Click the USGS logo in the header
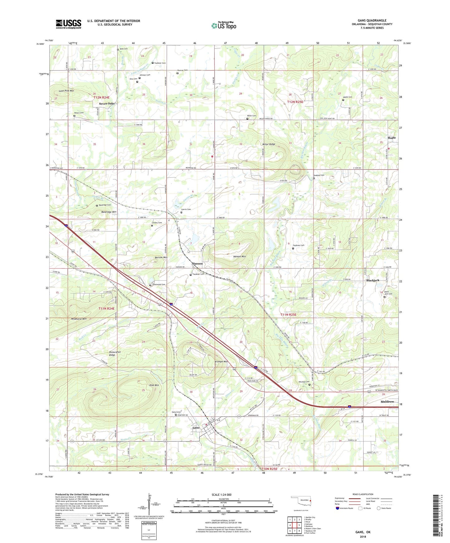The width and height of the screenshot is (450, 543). click(69, 24)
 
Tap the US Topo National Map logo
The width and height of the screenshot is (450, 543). click(224, 26)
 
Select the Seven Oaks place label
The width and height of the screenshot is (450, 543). click(107, 104)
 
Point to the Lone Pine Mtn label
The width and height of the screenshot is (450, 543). click(66, 91)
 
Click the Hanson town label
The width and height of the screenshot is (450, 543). click(197, 263)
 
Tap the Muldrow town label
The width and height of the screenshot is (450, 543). click(387, 401)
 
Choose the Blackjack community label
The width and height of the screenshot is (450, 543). click(372, 280)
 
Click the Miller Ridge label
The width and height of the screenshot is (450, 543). click(269, 144)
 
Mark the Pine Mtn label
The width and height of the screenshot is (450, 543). click(154, 385)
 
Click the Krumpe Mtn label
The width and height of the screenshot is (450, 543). click(221, 362)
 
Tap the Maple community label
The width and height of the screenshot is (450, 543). click(391, 138)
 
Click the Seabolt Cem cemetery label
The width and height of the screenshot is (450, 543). click(320, 175)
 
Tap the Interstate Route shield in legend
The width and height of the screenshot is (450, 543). click(338, 508)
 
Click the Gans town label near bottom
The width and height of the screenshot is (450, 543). click(196, 428)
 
